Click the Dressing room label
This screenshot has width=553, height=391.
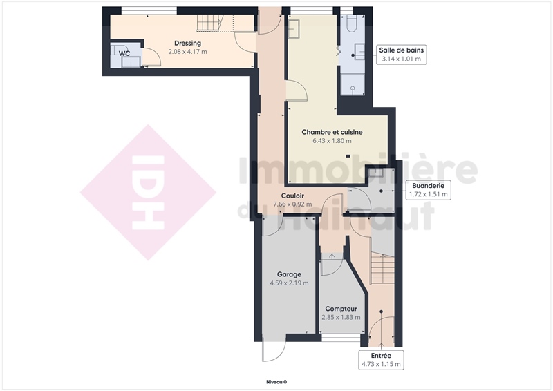187,43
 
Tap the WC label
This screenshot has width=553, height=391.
124,54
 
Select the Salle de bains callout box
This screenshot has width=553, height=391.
402,55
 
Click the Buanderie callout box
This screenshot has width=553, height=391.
428,190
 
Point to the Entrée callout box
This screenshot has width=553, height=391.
382,360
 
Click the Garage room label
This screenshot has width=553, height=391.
289,274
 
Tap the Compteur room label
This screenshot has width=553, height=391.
341,309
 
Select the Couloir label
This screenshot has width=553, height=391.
292,195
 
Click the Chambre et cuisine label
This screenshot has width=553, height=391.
332,132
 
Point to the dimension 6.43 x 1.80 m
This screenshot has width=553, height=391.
332,141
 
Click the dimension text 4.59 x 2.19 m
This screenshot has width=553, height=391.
289,283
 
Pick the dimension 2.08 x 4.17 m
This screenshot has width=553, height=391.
187,52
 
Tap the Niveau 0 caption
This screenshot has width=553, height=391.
276,382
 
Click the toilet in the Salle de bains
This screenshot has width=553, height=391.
352,23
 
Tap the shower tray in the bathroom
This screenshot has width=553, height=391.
353,84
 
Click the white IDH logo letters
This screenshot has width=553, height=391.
148,193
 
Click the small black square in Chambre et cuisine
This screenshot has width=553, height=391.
348,156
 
